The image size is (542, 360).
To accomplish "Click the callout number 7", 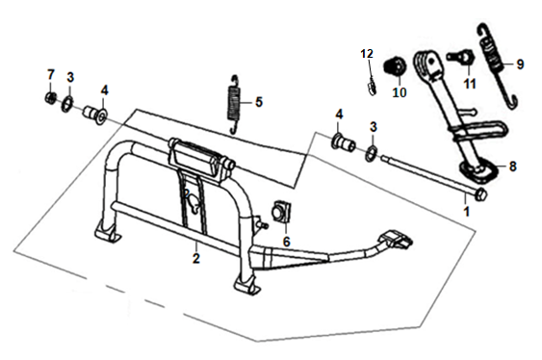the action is coord(51,75).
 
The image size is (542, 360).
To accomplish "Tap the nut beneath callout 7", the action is coord(50,98).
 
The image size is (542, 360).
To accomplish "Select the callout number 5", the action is coord(259,102).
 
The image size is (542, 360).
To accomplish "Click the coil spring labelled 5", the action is coord(235,104).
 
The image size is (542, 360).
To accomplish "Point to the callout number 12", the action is coord(367,54).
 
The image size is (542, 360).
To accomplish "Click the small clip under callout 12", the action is coord(372,88).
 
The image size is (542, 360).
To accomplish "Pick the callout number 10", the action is coord(400,92).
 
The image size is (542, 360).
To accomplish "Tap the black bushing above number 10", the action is coord(394,65).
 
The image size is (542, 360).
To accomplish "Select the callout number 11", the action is coord(470,84).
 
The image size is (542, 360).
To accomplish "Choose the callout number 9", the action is coord(520,64).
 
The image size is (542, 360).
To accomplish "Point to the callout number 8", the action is coord(512,167).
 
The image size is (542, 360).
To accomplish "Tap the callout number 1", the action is coord(466,211).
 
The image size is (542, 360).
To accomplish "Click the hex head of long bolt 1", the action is coord(481,193).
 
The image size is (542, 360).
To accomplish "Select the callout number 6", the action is coord(286,242).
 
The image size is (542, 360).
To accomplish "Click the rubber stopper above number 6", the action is coord(283,211).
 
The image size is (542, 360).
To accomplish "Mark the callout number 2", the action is coord(196,258).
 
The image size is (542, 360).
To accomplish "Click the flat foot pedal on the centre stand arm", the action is coord(397,239).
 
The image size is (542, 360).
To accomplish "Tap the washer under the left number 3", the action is coord(67,105).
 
